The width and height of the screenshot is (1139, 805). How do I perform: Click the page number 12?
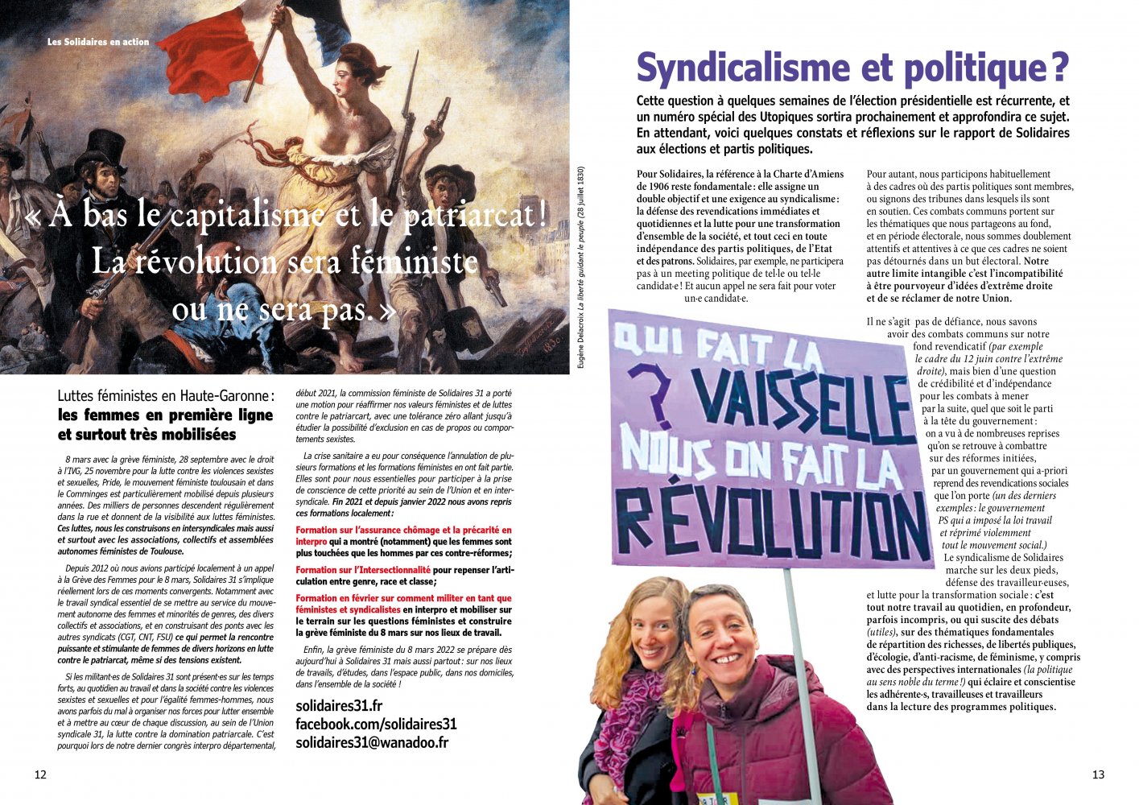click(40, 774)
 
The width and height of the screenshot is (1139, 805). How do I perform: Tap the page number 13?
click(1098, 774)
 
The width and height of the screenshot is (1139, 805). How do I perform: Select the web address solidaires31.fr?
click(339, 705)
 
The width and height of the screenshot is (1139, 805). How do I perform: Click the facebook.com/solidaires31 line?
click(376, 724)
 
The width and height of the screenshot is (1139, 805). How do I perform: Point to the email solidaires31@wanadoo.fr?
click(372, 742)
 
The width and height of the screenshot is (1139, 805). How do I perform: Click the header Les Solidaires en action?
click(98, 42)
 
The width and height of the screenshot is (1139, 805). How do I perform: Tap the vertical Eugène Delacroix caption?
click(581, 266)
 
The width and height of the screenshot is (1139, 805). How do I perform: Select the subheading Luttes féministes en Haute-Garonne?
click(165, 396)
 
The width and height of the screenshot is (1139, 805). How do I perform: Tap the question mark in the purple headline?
click(1059, 68)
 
